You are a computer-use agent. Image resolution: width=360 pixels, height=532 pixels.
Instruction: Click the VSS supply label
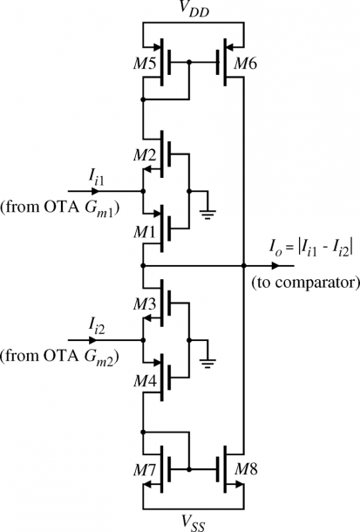coord(194,522)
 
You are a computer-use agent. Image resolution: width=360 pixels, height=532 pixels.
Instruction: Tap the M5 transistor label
coord(145,64)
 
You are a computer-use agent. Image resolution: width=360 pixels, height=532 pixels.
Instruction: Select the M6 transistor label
coord(246,64)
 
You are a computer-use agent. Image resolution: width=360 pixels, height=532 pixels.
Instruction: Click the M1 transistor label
coord(145,232)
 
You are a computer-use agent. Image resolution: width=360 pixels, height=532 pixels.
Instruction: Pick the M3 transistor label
coord(145,304)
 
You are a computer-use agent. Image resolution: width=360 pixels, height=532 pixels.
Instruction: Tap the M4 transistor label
coord(145,382)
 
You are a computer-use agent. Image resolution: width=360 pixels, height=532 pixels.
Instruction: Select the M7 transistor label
coord(145,470)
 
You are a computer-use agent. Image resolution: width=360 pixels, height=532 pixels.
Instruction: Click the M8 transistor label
coord(246,469)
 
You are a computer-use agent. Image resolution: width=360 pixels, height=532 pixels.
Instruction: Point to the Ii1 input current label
coord(96,177)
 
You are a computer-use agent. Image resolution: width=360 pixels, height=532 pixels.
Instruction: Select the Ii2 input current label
coord(96,326)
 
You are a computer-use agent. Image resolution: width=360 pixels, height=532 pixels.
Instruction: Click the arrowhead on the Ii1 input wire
coord(94,191)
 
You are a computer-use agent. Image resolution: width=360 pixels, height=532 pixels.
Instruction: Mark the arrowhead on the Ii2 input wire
coord(94,340)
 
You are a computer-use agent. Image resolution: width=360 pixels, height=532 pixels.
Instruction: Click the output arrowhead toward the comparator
coord(276,266)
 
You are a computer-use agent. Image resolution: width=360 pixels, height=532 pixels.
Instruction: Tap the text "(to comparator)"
coord(305,283)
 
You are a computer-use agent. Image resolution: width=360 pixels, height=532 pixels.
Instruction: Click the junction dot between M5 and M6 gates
coord(189,63)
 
